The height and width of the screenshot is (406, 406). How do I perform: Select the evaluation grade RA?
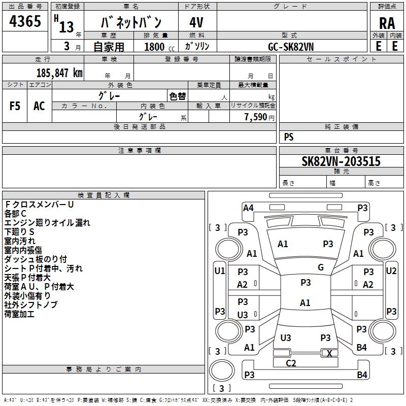tap(387, 23)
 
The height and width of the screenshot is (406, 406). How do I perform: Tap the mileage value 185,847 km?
tap(59, 73)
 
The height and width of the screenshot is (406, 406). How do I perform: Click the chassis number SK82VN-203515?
tap(341, 161)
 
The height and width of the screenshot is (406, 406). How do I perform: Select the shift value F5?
tap(15, 106)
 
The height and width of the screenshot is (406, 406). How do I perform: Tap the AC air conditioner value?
tap(39, 106)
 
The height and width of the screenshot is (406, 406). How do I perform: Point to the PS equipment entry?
tap(289, 137)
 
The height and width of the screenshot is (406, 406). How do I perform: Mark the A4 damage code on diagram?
tap(248, 208)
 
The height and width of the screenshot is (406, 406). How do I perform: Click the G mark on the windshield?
tap(321, 267)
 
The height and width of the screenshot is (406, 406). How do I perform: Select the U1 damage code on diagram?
tap(220, 271)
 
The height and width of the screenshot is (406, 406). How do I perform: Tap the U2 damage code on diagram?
tap(391, 271)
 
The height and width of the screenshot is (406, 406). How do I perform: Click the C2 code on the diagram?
tap(291, 363)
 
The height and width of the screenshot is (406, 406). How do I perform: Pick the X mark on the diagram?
tap(329, 353)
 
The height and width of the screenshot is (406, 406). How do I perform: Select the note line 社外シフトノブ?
tap(31, 304)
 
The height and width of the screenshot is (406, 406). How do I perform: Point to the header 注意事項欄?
tap(140, 151)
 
